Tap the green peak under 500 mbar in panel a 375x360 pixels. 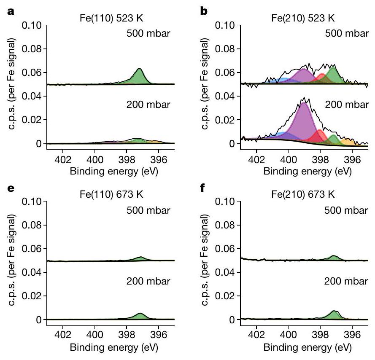(x=138, y=78)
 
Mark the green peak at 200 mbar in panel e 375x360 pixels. (x=140, y=316)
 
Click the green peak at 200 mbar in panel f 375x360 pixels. (x=334, y=314)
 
